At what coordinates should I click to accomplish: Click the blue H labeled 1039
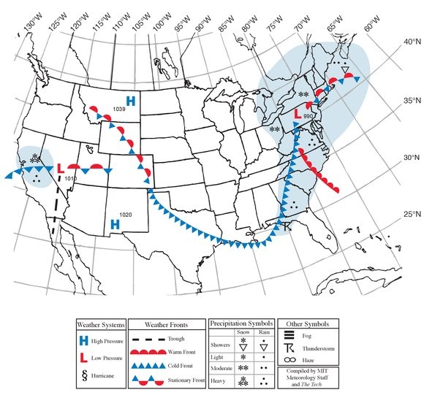pos(132,101)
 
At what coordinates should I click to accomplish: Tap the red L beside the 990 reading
pos(298,114)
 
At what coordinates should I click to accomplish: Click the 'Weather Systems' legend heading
pos(102,324)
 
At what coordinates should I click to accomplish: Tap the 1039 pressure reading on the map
pos(121,109)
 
